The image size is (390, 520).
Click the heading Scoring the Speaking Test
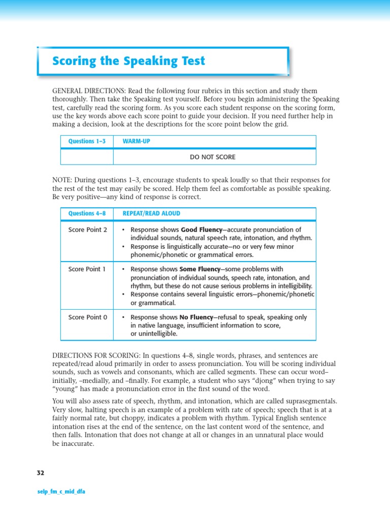point(129,61)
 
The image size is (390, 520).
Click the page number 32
point(41,473)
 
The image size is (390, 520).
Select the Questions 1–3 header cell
point(87,141)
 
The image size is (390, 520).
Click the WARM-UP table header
point(137,141)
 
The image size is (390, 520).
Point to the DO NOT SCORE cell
point(213,157)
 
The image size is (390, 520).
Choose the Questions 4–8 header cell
point(87,214)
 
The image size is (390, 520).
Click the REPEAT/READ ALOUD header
point(151,214)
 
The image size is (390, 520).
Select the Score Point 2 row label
point(88,230)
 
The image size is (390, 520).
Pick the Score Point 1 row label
point(87,269)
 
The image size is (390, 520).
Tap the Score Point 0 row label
point(88,317)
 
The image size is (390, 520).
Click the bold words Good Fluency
point(202,230)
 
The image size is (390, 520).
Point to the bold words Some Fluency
point(201,269)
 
